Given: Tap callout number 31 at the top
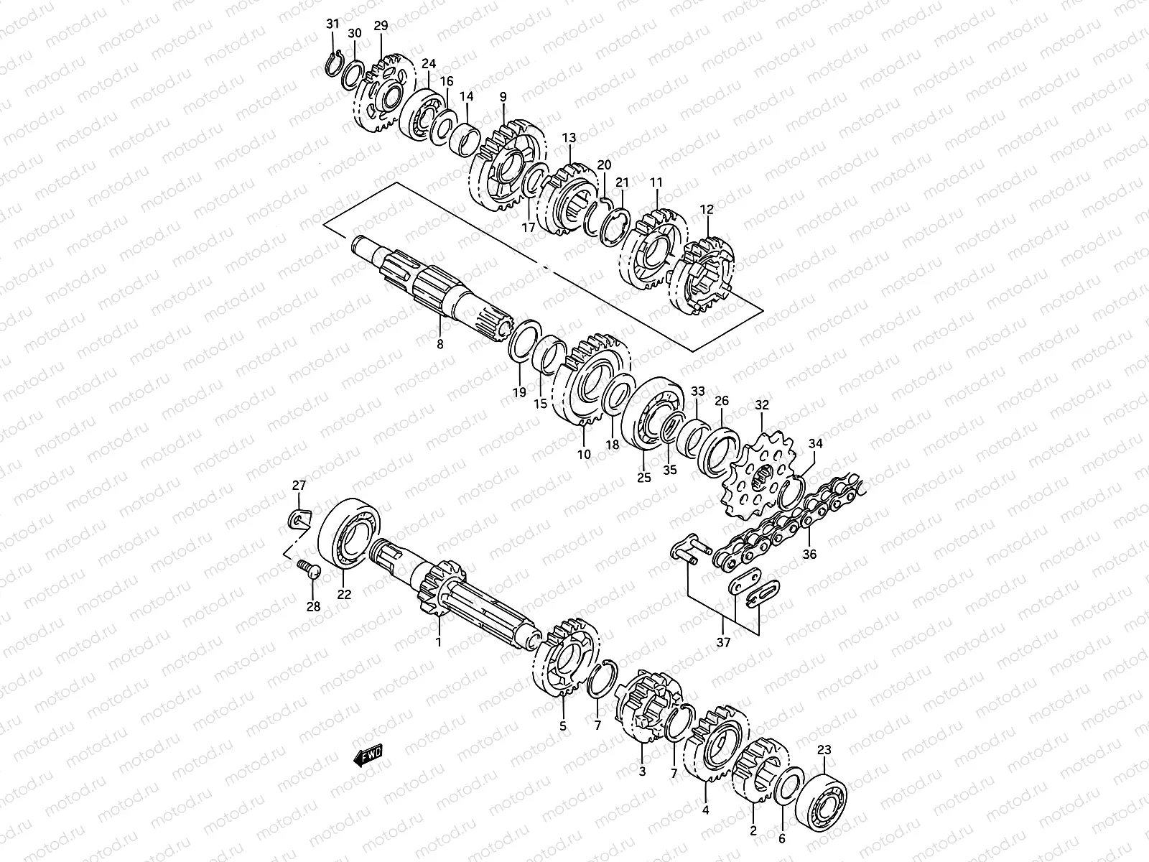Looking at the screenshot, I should click(x=332, y=24).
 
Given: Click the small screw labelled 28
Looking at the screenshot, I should click(x=308, y=570).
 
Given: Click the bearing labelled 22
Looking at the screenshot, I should click(x=352, y=532).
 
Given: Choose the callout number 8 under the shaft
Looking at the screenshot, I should click(x=439, y=344).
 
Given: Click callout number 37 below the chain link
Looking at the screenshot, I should click(x=723, y=641).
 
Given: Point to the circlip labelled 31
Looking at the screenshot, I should click(x=333, y=62).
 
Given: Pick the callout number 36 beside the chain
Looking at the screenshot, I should click(x=809, y=554).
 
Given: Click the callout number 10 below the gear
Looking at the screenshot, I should click(x=583, y=454).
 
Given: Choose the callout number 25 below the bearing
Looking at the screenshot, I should click(x=643, y=476).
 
